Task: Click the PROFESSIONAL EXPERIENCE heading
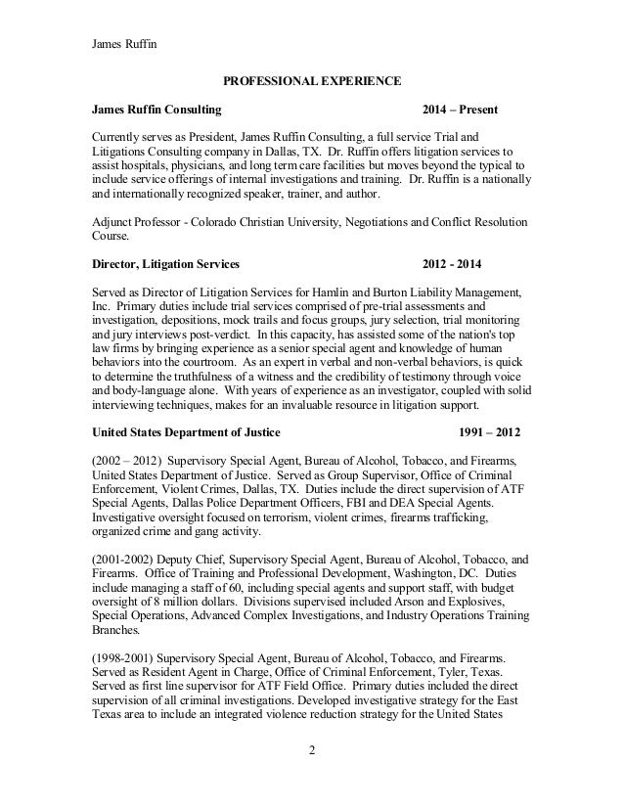click(x=312, y=78)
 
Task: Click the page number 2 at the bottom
click(x=312, y=780)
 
